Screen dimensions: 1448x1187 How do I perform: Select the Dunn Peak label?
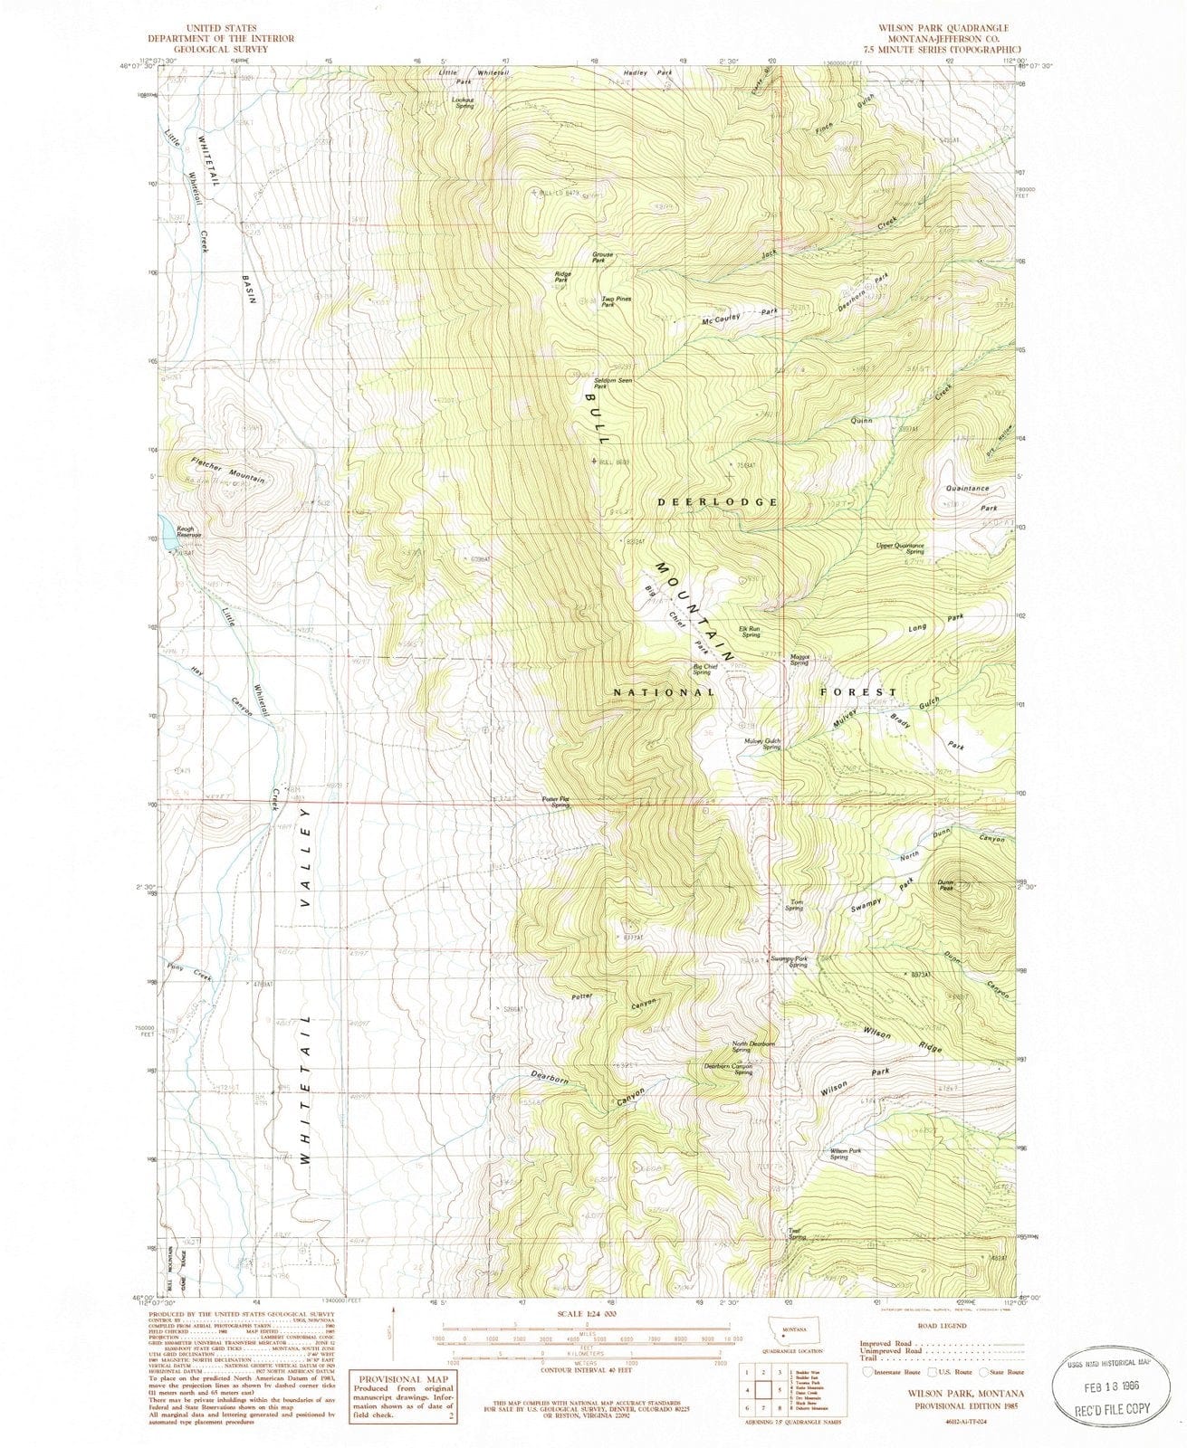(946, 884)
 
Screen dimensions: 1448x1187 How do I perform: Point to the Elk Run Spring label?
(750, 632)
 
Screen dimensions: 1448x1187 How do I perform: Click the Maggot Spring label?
(798, 662)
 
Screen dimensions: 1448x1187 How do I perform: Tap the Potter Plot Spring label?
(556, 801)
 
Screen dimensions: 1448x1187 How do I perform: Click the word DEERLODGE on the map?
(718, 500)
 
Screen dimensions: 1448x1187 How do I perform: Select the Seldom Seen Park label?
(613, 383)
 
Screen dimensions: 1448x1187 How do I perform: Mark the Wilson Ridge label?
(902, 1041)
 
